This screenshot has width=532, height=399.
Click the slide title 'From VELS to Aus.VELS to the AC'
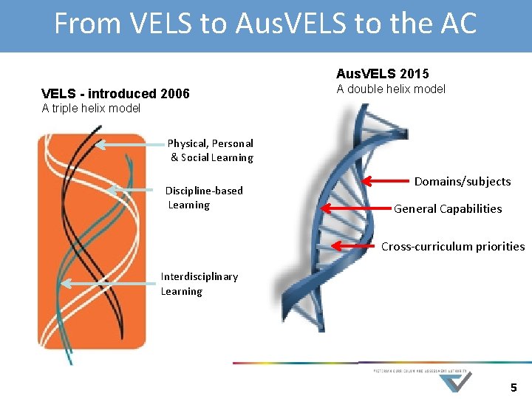click(x=265, y=24)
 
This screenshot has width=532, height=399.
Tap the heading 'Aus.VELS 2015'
click(x=382, y=74)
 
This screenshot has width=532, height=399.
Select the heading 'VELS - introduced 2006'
click(x=115, y=94)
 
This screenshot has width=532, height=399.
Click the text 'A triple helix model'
click(x=91, y=109)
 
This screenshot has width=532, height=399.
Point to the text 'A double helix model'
click(x=391, y=89)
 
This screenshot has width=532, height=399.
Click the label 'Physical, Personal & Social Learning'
click(x=211, y=150)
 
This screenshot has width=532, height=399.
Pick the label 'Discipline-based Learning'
click(x=203, y=197)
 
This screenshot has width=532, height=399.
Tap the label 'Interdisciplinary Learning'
click(x=199, y=284)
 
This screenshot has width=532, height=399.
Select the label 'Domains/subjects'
click(x=463, y=181)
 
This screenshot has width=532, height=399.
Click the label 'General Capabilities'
click(x=448, y=208)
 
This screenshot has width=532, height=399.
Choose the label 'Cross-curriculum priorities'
click(x=453, y=247)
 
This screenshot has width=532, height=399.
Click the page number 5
click(x=514, y=387)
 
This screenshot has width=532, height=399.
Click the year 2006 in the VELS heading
click(x=174, y=94)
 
